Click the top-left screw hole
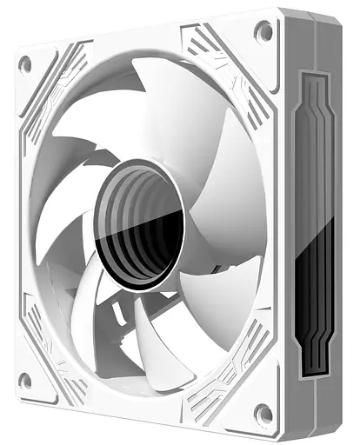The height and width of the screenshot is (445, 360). tap(25, 63)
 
